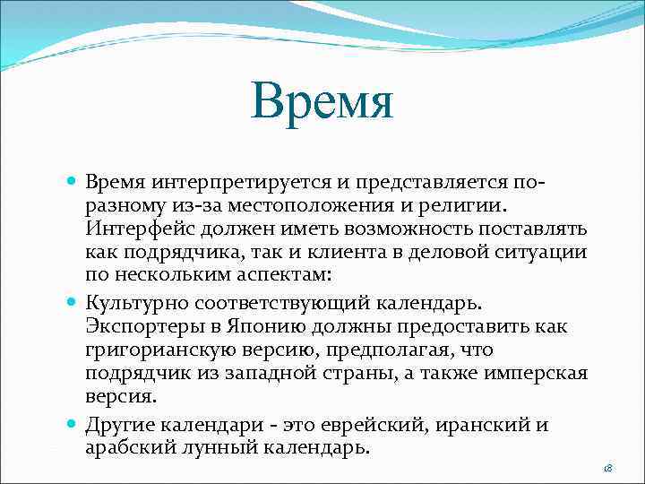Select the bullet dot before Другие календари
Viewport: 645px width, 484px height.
click(x=71, y=423)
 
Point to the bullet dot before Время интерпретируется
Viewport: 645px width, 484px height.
click(x=71, y=182)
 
